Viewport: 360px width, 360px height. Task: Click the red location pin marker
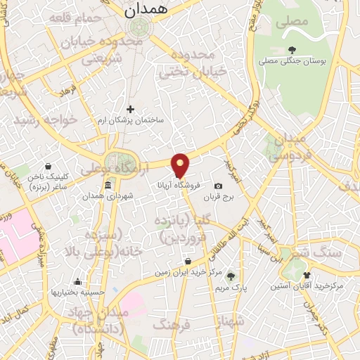181,165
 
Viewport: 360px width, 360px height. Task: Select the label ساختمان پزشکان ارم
130,120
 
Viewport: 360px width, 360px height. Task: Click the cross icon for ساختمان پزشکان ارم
130,109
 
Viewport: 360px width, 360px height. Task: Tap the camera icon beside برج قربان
218,186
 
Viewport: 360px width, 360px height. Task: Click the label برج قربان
219,198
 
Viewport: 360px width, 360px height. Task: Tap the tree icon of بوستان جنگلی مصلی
292,49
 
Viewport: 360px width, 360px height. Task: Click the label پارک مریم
231,287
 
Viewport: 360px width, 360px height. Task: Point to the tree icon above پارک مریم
230,276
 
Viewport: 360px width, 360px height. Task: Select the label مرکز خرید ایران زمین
184,271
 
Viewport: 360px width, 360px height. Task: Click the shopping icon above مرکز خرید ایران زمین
185,260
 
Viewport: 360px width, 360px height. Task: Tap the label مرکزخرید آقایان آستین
307,286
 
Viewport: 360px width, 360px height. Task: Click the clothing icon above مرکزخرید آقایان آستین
307,275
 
